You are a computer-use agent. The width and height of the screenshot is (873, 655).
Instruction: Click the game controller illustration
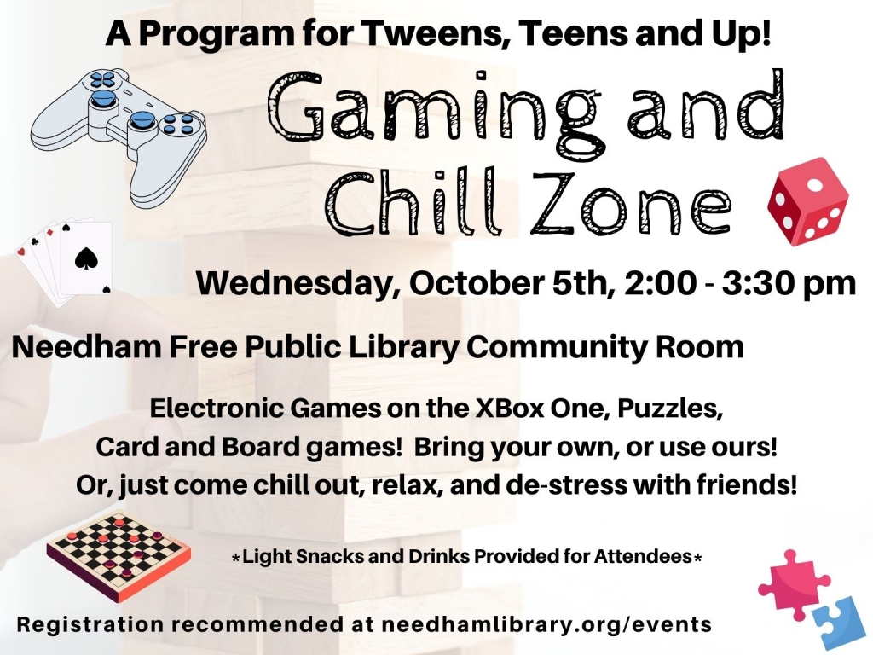[119, 134]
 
